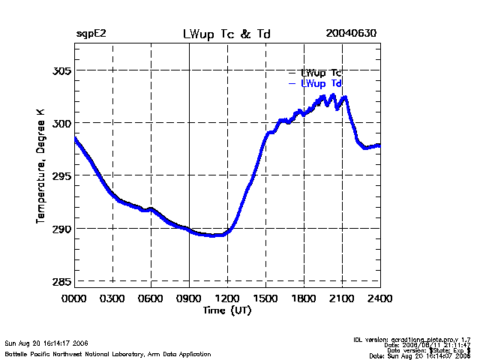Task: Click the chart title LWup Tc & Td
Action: click(226, 34)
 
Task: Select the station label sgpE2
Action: click(91, 34)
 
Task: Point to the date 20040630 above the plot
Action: click(351, 34)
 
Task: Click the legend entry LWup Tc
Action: click(321, 72)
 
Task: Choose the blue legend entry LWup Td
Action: click(321, 83)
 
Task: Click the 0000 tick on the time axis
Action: click(74, 298)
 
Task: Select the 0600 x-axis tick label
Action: click(151, 298)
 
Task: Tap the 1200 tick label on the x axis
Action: click(227, 298)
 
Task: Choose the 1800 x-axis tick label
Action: click(304, 298)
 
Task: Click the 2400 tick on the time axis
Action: click(379, 298)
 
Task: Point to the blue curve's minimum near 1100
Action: click(214, 235)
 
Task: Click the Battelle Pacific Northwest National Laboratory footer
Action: click(108, 353)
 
